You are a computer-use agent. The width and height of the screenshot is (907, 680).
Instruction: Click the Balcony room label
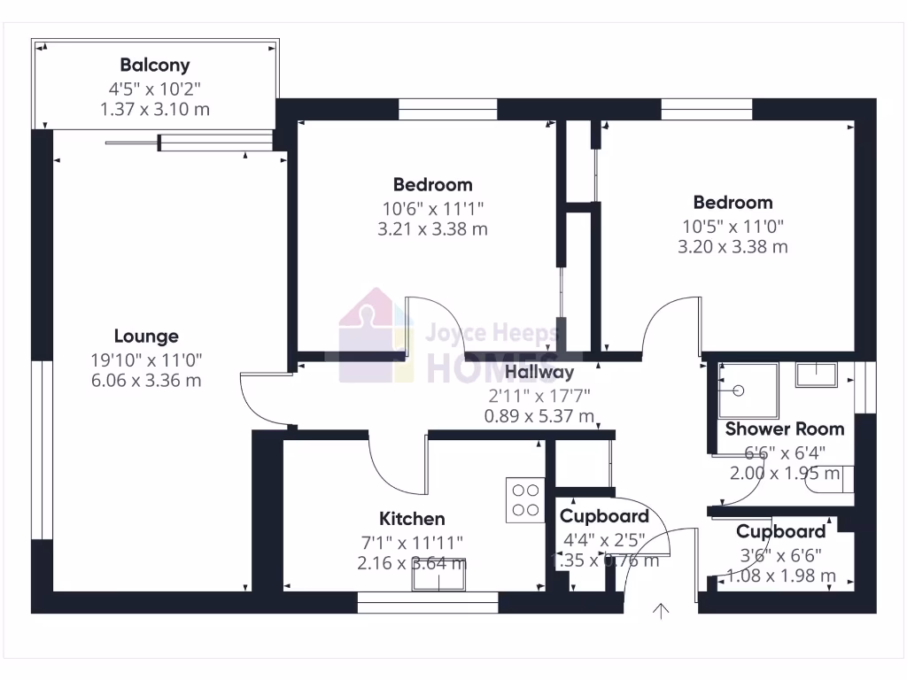click(x=155, y=66)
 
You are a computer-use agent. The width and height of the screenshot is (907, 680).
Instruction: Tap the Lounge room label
click(x=146, y=336)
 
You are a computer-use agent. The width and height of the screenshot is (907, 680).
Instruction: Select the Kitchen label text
click(x=412, y=519)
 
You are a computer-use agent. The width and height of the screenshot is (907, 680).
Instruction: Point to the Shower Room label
click(x=785, y=429)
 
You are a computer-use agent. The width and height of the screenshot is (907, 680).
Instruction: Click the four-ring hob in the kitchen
click(x=524, y=499)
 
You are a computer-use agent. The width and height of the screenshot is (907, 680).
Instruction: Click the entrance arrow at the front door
click(x=661, y=610)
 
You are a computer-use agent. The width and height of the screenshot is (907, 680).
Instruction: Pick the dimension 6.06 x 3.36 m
click(x=146, y=381)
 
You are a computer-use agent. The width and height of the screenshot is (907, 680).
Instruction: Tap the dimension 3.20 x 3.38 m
click(x=733, y=247)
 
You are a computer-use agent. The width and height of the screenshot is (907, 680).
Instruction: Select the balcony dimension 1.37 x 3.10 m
click(x=155, y=109)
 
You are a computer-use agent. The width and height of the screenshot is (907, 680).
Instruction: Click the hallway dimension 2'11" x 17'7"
click(x=538, y=395)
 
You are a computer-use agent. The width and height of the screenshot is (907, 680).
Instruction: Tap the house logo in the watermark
click(x=376, y=336)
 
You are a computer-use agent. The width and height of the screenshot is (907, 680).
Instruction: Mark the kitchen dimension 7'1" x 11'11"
click(x=412, y=542)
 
